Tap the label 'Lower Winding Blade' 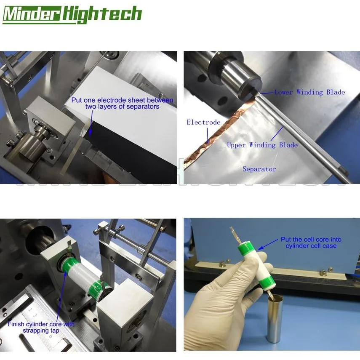309,92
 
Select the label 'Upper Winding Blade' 262,145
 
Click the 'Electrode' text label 203,122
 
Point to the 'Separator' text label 259,169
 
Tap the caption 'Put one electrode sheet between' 122,100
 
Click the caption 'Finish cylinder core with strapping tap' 40,327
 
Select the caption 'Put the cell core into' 311,240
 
